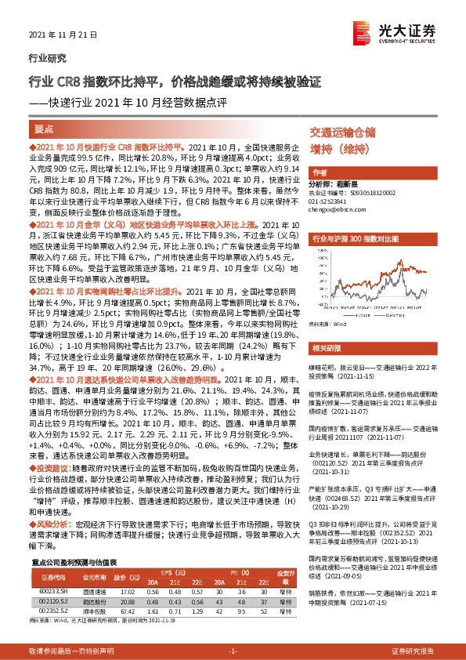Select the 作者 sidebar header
tap(320, 172)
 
